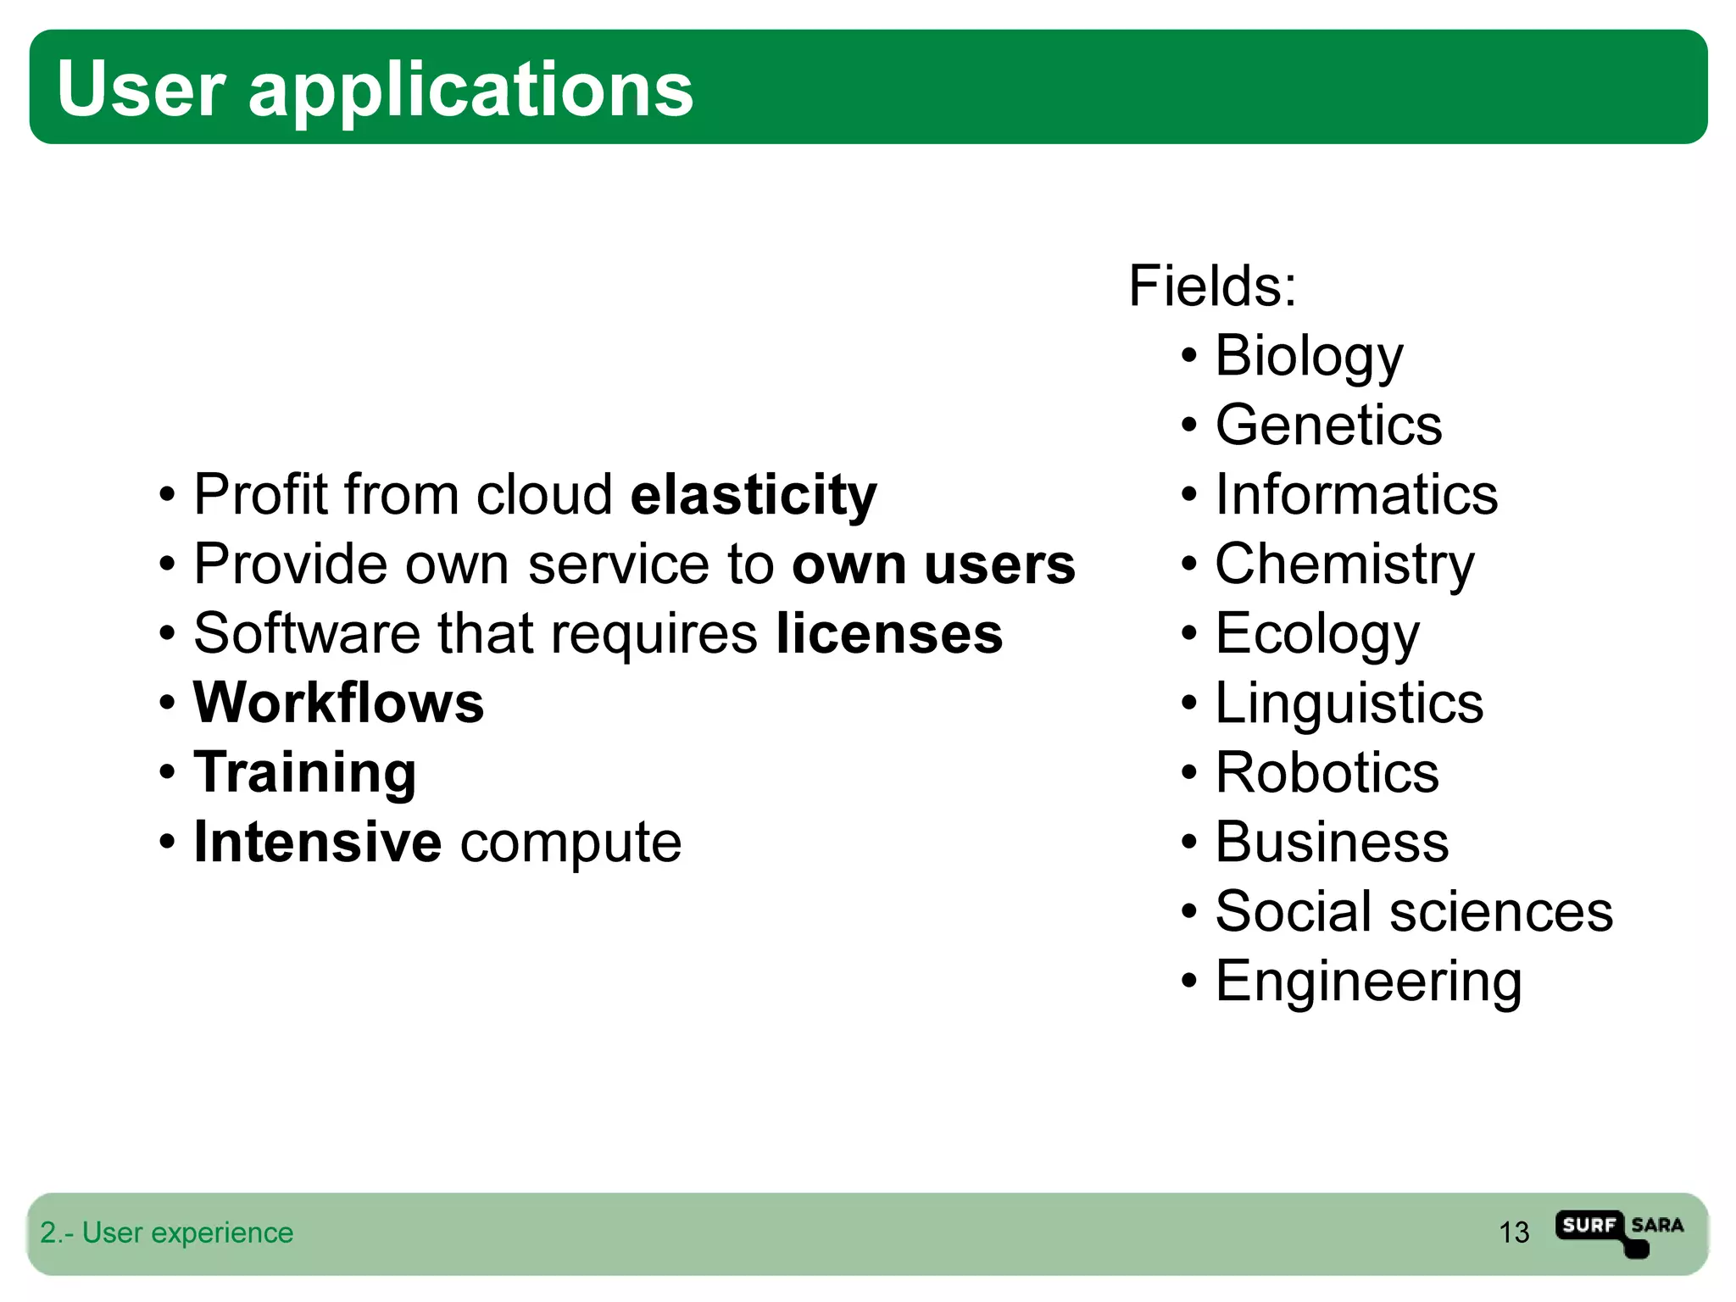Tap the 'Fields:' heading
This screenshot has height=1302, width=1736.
(1212, 287)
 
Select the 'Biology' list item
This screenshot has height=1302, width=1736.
(1309, 356)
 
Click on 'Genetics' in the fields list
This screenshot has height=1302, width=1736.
(1328, 426)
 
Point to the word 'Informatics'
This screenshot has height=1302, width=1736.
(1356, 495)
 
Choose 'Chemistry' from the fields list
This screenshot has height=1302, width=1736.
(1344, 565)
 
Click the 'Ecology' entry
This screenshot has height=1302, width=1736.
(1316, 634)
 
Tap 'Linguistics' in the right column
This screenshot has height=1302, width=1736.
(1349, 704)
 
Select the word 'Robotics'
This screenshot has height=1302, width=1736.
(1327, 773)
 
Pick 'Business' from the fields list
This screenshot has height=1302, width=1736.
(1332, 843)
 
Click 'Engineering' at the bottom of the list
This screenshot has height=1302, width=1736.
(1368, 982)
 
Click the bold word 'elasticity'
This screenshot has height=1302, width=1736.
(754, 495)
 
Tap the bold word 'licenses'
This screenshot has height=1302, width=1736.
(889, 634)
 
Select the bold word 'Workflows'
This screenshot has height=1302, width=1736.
(338, 704)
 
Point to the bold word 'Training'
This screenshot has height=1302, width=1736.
(305, 773)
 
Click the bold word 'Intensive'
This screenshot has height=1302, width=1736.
(318, 843)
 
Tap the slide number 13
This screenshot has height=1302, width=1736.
(1514, 1232)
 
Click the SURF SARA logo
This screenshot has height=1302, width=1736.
(1619, 1232)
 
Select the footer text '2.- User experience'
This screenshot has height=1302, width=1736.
(167, 1232)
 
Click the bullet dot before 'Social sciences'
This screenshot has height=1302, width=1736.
(1189, 913)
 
